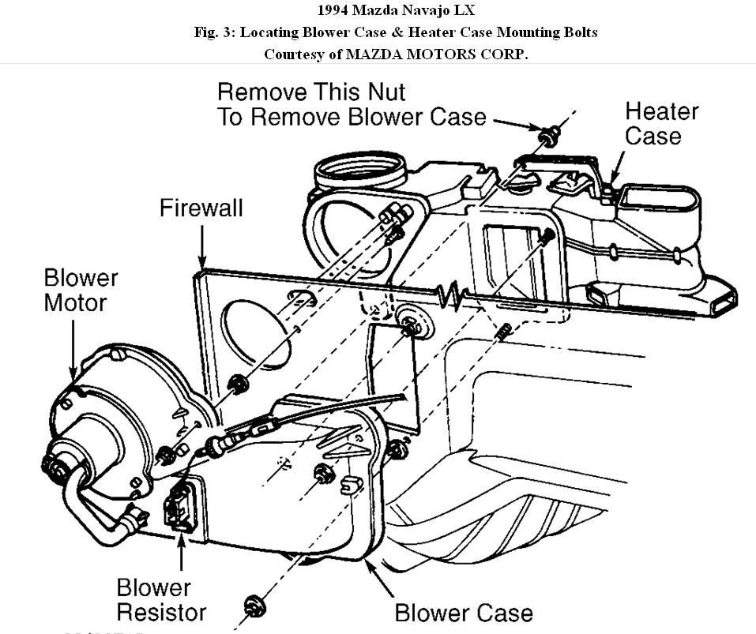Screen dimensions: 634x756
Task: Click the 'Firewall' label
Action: click(201, 208)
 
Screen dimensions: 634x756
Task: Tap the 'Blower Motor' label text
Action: click(81, 290)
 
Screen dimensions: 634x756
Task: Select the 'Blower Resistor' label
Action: click(161, 599)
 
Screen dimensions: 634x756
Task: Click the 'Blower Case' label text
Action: click(463, 612)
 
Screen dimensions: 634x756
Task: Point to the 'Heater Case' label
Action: click(661, 123)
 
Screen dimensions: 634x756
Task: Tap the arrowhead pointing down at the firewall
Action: click(203, 262)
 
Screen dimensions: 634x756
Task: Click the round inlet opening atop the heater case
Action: click(359, 171)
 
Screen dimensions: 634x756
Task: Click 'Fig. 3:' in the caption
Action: click(216, 32)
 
